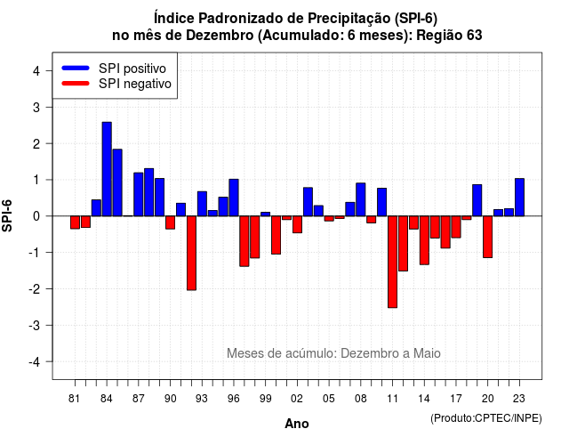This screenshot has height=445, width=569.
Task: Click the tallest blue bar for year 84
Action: tap(107, 169)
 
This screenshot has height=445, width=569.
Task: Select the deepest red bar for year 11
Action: tap(392, 262)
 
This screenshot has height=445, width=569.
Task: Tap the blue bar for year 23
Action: tap(519, 198)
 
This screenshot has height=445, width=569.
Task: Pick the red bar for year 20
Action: tap(488, 237)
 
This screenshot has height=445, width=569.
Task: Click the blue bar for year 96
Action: tap(234, 198)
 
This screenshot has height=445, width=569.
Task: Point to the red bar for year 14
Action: tap(424, 240)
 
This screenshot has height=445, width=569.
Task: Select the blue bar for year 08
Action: tap(361, 199)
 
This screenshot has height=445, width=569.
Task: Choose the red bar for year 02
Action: tap(297, 224)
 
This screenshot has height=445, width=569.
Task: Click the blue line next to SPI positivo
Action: tap(76, 68)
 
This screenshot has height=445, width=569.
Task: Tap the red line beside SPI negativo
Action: tap(76, 83)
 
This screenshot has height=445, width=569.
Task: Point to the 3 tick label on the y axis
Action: tap(36, 107)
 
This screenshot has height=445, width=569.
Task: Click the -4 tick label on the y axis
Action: tap(35, 362)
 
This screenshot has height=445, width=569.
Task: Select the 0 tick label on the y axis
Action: tap(36, 216)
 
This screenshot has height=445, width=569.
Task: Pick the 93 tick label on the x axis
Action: tap(202, 399)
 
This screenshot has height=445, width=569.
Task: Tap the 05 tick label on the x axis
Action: tap(328, 399)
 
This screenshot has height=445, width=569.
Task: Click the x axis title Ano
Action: tap(297, 424)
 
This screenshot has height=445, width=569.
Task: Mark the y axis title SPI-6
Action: tap(7, 215)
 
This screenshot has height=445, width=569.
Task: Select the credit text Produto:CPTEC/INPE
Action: tap(486, 418)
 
